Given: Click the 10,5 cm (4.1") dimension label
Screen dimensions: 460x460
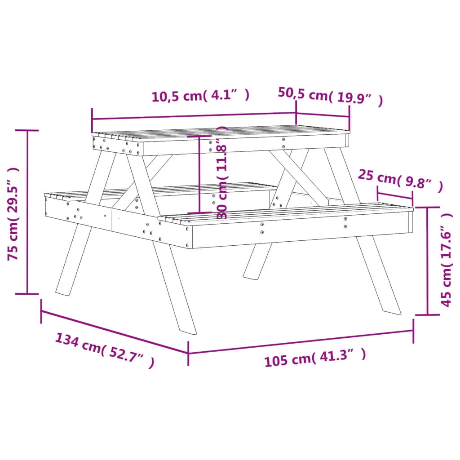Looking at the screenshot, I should point(200,96).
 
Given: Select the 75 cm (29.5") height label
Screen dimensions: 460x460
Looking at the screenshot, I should point(13,213).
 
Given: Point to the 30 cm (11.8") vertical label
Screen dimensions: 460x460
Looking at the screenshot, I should point(222,173).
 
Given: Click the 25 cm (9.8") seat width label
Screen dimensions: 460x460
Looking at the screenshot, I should point(400,181).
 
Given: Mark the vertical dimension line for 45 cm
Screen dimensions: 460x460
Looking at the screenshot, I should point(427,261).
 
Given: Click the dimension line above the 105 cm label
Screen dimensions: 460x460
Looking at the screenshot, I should point(301,341).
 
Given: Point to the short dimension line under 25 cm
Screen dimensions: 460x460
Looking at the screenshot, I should point(395,196).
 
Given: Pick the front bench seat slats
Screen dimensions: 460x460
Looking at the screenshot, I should point(287,213).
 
